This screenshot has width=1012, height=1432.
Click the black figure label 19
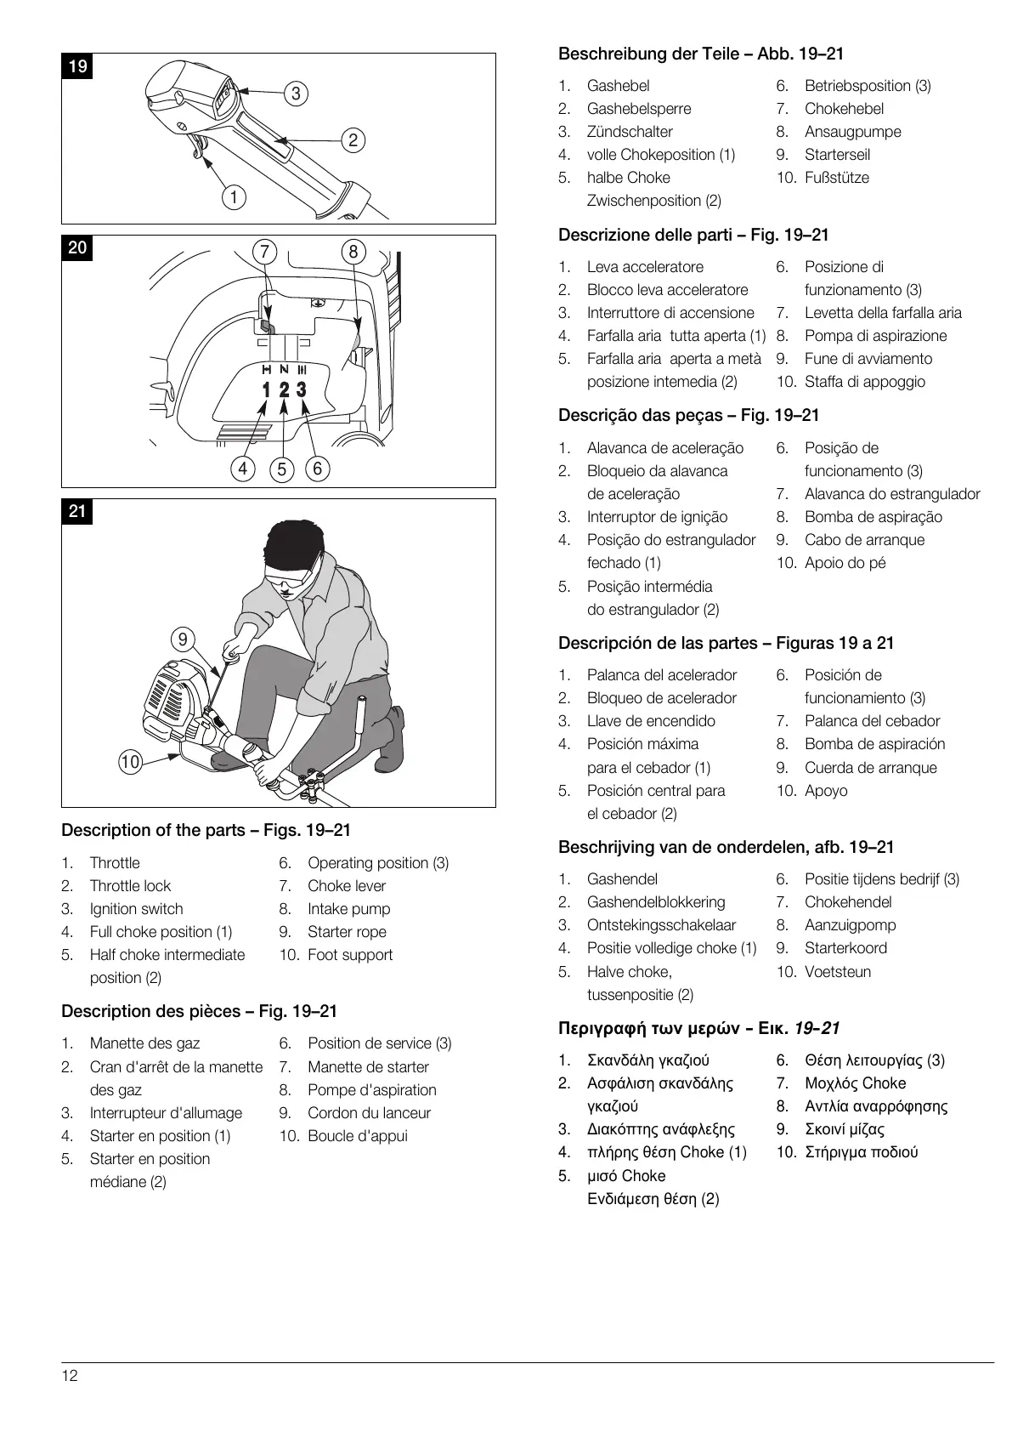(x=77, y=65)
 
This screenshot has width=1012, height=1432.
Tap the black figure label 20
(x=77, y=247)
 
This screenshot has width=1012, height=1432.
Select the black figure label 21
(x=77, y=511)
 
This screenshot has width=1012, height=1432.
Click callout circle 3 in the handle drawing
(x=296, y=94)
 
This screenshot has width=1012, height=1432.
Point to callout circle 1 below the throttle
(x=234, y=197)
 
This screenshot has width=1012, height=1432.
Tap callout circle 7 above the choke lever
(x=265, y=251)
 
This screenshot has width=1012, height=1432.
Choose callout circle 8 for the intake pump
(x=353, y=251)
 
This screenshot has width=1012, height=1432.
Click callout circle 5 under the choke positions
(x=282, y=469)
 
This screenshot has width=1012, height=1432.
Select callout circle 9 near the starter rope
(x=183, y=639)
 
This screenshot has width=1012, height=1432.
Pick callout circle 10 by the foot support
(x=130, y=761)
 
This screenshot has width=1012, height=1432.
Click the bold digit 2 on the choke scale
(x=284, y=390)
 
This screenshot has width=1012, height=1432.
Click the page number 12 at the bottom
(x=70, y=1376)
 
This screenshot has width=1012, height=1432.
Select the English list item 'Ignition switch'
(x=136, y=909)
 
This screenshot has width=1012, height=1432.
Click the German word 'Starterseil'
(x=837, y=155)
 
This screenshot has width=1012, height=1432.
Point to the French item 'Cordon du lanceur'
(x=369, y=1113)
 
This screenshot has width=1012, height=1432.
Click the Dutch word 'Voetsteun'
(x=837, y=972)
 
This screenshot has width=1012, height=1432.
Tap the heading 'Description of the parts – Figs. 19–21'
(x=206, y=830)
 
